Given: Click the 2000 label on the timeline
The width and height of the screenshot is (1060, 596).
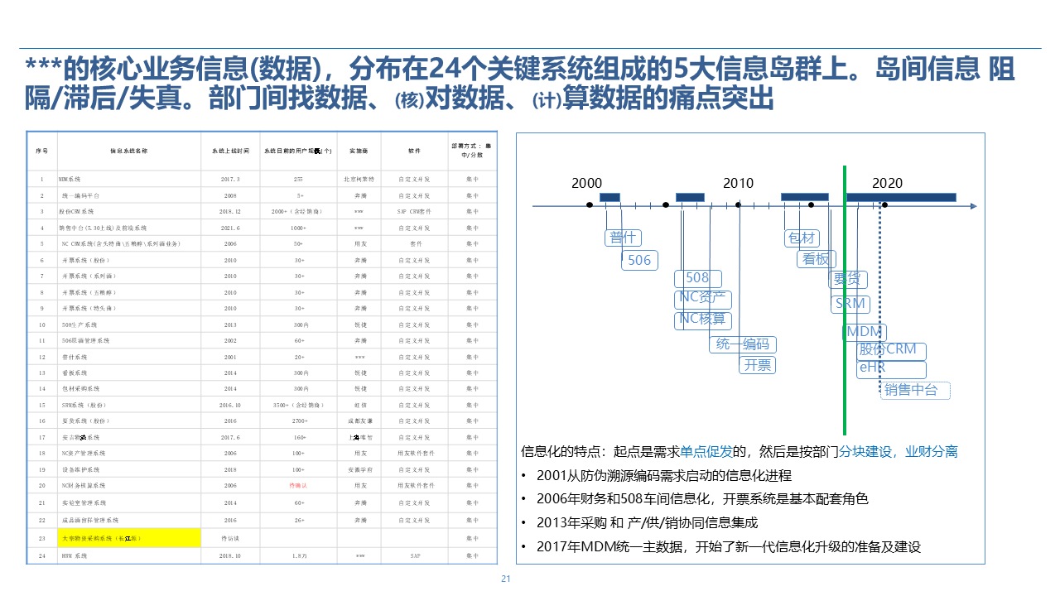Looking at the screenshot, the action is [586, 183].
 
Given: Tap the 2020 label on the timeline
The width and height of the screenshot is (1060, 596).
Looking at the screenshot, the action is [887, 183].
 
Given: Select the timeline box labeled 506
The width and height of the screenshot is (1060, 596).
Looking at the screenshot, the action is [639, 260].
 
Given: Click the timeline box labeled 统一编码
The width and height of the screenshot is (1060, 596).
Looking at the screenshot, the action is [743, 344].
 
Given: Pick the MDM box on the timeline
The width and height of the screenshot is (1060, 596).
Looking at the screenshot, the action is [865, 333].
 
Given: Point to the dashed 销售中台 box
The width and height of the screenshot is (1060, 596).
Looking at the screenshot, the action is [914, 390].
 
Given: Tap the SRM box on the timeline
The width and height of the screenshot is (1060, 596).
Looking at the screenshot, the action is [850, 304].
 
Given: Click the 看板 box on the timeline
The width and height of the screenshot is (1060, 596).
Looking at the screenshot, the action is [816, 259].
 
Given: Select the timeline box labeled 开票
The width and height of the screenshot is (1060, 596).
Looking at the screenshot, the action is [758, 364].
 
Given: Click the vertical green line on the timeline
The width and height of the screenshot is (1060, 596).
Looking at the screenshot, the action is [844, 331].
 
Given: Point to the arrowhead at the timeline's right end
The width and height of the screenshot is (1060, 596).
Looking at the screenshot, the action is [973, 205].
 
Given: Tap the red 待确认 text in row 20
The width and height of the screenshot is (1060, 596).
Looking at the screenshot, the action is [298, 485].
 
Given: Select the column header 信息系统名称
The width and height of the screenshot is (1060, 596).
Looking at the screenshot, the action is [129, 151].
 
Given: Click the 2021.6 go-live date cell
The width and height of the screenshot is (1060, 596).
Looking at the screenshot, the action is [230, 228].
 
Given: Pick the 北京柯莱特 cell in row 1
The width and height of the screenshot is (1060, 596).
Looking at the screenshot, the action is [359, 179].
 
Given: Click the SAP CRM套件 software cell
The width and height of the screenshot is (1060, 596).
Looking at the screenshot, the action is [415, 211].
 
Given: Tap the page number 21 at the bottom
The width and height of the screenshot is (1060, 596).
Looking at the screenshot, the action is [505, 579].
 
